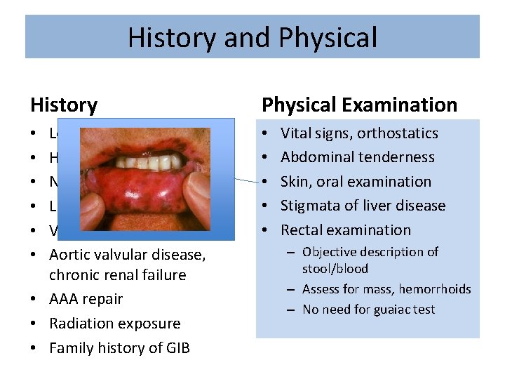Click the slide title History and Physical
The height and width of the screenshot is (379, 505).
point(252,37)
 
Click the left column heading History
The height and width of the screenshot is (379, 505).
point(64,105)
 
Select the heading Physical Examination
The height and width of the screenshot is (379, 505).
point(359,105)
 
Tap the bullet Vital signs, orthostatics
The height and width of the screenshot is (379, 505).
point(359,133)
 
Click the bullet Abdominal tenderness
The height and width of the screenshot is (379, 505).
point(357,157)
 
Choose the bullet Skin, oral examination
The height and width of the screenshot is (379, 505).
point(356,182)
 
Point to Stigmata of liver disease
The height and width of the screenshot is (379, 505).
point(363,206)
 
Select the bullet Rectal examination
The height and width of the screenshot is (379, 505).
point(346,230)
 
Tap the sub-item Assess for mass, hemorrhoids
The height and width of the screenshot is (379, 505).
point(386,289)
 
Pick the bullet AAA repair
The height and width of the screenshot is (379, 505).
point(86,299)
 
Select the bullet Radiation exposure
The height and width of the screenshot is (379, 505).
point(114,324)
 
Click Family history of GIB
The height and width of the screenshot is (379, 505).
point(119,348)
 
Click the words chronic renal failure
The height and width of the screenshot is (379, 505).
point(117,275)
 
